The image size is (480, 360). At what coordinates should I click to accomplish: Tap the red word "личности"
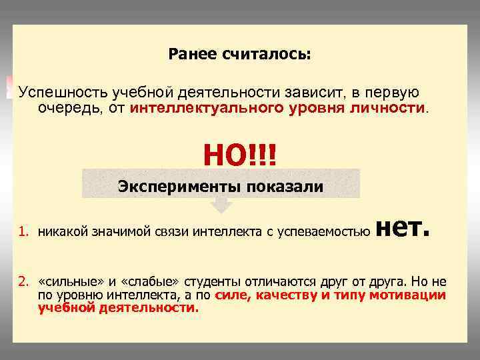point(387,107)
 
